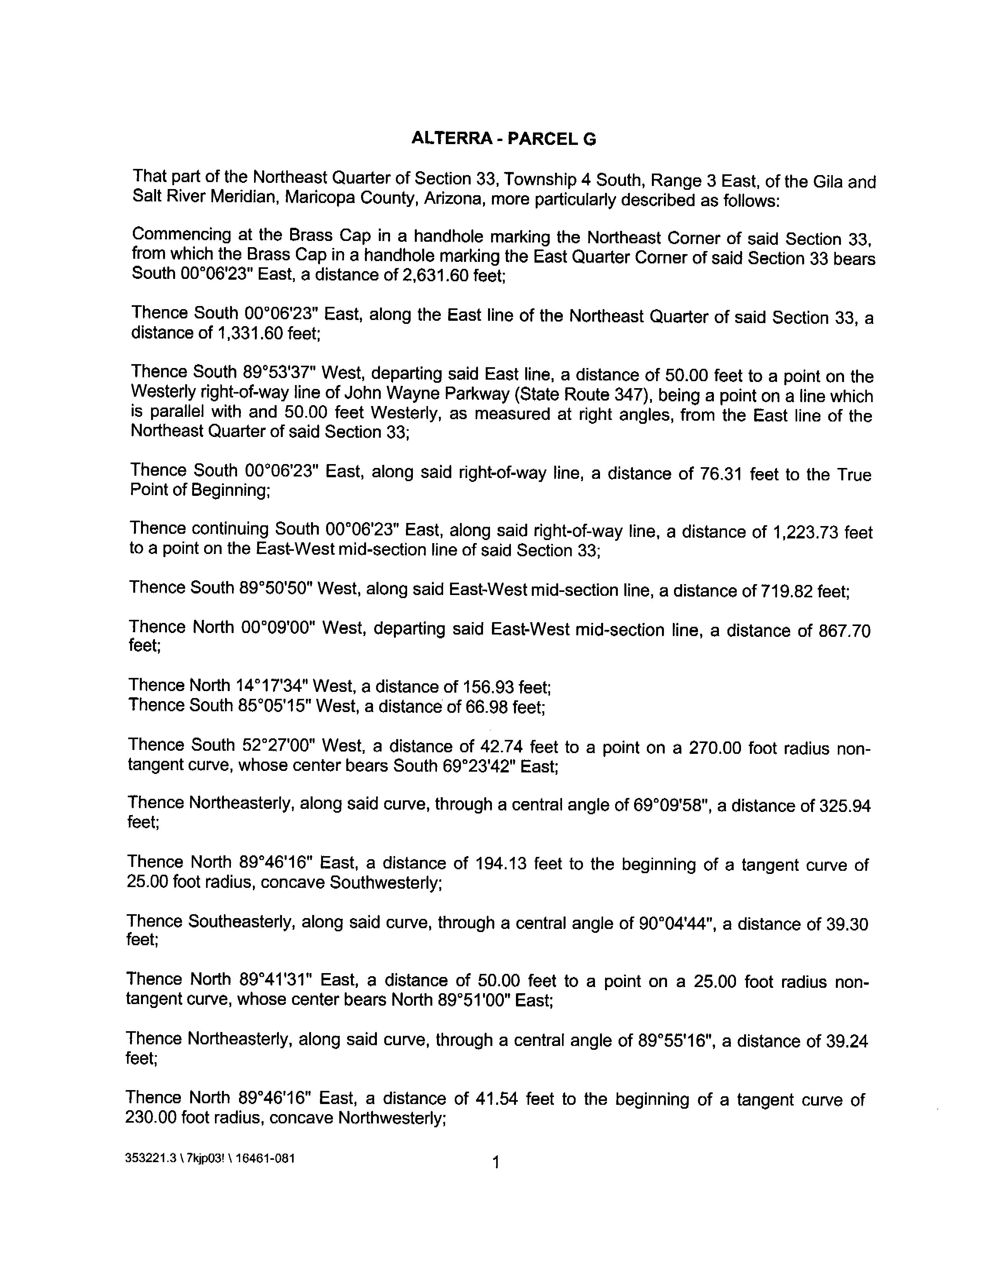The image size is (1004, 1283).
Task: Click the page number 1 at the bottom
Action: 495,1162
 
